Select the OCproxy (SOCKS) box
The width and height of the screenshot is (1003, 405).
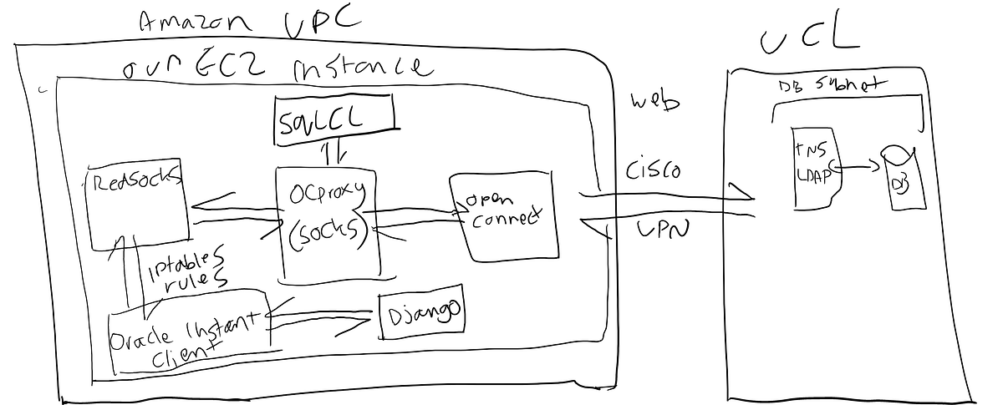click(x=327, y=221)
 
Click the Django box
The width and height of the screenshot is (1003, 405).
click(x=421, y=315)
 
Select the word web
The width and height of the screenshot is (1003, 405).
click(x=654, y=103)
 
